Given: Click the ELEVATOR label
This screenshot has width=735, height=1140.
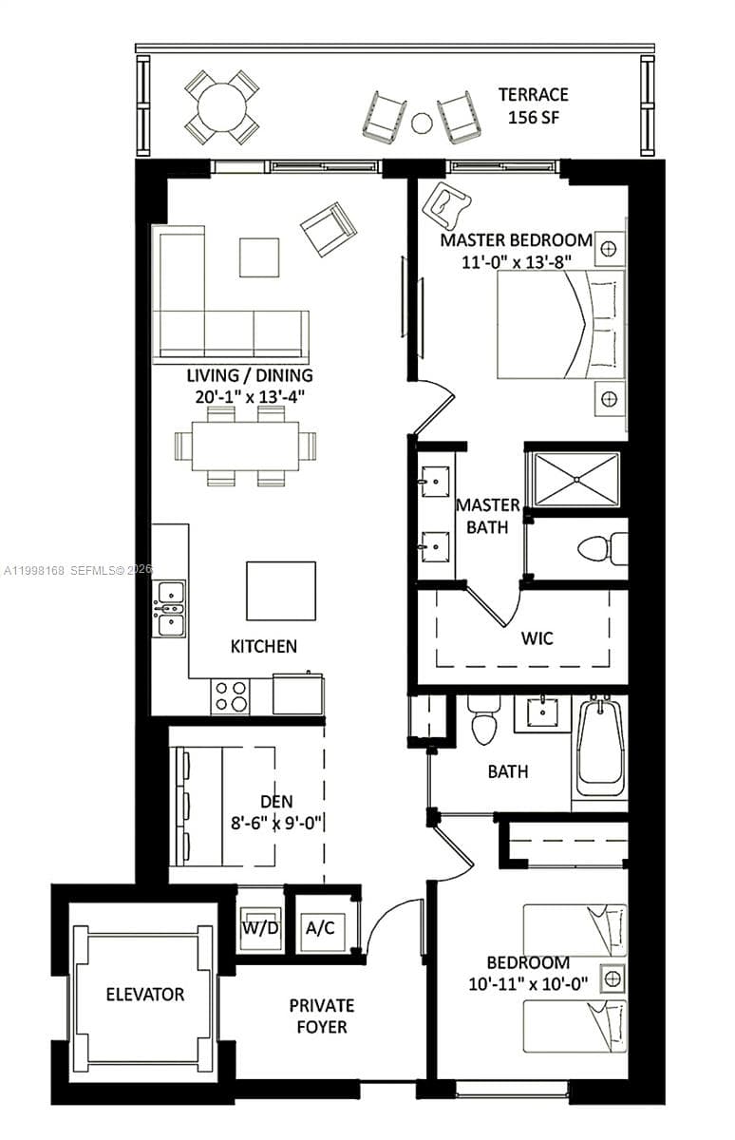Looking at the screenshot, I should click(144, 995).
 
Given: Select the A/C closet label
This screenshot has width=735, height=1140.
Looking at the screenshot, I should click(319, 927).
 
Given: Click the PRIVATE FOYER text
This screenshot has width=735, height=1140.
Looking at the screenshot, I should click(322, 1016).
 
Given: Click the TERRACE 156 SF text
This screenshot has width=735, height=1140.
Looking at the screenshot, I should click(533, 104).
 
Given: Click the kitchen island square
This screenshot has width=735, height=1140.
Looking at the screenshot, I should click(280, 591).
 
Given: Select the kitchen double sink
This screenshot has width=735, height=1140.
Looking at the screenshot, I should click(170, 608).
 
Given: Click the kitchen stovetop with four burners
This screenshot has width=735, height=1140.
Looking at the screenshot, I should click(230, 695).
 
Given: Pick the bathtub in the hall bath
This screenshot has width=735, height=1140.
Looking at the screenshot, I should click(600, 747).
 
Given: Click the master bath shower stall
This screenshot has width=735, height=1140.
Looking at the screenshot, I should click(575, 479).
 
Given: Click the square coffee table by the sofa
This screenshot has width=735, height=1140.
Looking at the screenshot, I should click(258, 257).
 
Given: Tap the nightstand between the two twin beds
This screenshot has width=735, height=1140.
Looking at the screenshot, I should click(612, 978).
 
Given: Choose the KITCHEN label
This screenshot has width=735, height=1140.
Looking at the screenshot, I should click(264, 646).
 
